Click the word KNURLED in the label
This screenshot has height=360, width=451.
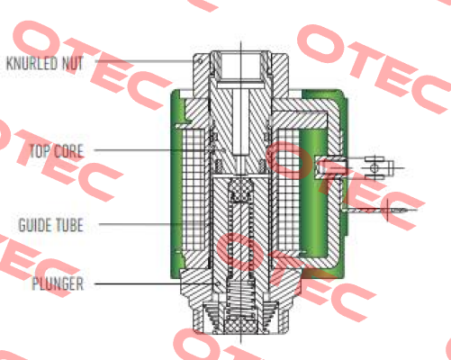[32, 63]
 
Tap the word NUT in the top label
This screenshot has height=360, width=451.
[72, 63]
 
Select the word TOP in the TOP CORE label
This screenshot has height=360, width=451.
[40, 151]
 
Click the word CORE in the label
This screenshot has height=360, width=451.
[68, 151]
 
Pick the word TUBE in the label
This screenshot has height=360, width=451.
[69, 225]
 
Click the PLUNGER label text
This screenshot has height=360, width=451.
[58, 283]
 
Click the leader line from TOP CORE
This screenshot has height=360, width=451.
[159, 149]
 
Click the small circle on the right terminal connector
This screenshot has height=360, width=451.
[374, 167]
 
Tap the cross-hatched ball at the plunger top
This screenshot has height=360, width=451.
[240, 190]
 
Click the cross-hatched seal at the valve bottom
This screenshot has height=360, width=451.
[240, 326]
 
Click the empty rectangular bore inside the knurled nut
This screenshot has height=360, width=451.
[240, 65]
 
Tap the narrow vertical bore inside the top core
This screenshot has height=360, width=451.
[240, 122]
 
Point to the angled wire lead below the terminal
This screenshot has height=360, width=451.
[380, 210]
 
